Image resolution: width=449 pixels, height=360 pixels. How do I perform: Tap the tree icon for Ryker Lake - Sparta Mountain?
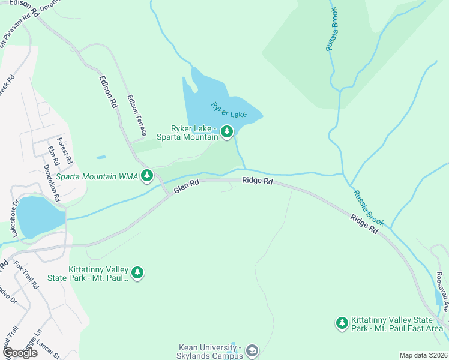226,131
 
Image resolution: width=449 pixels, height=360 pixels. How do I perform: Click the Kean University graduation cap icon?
252,350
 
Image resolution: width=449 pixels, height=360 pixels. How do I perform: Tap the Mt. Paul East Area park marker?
342,323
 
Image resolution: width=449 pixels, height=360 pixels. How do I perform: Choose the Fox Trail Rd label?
26,275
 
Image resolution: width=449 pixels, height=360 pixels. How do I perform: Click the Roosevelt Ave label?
443,291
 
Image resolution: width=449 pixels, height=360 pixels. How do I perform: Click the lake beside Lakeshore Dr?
39,216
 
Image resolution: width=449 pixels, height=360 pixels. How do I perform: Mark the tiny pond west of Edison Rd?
101,157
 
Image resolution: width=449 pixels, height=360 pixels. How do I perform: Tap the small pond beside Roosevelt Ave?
438,297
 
